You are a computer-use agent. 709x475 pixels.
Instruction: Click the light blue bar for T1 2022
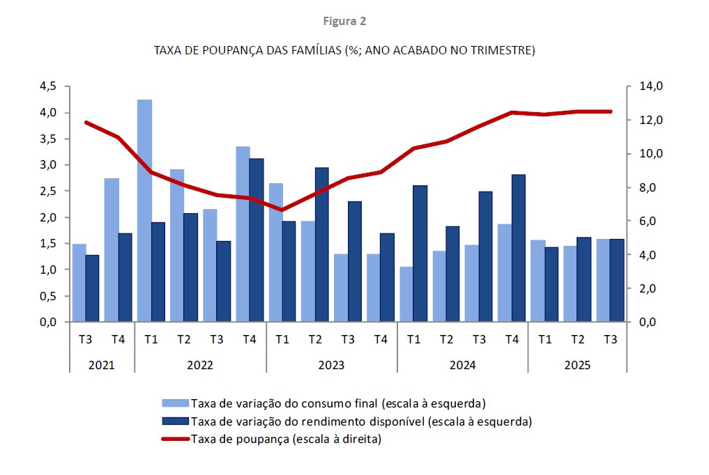(x=145, y=210)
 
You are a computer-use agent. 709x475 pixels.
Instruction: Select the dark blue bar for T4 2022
(x=257, y=240)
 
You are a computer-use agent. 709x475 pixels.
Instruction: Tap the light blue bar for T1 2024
(x=406, y=294)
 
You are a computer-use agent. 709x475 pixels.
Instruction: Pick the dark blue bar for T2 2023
(x=322, y=244)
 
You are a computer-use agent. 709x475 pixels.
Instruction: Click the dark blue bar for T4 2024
(x=519, y=248)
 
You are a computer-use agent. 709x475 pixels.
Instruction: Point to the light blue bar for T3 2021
(x=79, y=283)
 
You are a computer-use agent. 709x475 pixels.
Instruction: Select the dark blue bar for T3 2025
(x=617, y=281)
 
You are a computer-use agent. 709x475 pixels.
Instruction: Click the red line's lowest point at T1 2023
(x=282, y=210)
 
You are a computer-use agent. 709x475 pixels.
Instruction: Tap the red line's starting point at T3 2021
(x=86, y=123)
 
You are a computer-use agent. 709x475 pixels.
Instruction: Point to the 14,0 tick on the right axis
(x=629, y=86)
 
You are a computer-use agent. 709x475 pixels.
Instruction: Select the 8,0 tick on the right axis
(x=629, y=187)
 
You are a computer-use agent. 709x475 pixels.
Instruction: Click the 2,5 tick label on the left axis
(x=48, y=191)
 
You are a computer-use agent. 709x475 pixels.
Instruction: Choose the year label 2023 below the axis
(x=331, y=365)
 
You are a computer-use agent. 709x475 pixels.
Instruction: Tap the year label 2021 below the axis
(x=101, y=365)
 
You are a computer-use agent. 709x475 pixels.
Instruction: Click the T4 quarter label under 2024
(x=512, y=339)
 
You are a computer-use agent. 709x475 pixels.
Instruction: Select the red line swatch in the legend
(x=176, y=439)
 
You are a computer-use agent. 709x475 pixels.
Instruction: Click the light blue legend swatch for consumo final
(x=176, y=403)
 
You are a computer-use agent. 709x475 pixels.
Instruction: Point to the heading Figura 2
(x=344, y=21)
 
